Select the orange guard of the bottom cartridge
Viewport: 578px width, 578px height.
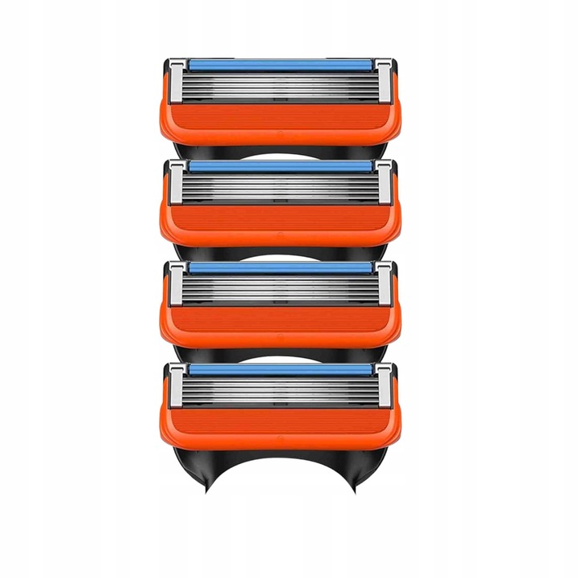tap(281, 425)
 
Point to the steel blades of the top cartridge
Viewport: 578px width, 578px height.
tap(281, 85)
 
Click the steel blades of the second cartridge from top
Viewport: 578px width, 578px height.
tap(281, 187)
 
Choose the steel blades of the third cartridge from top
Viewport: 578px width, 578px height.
tap(281, 288)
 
